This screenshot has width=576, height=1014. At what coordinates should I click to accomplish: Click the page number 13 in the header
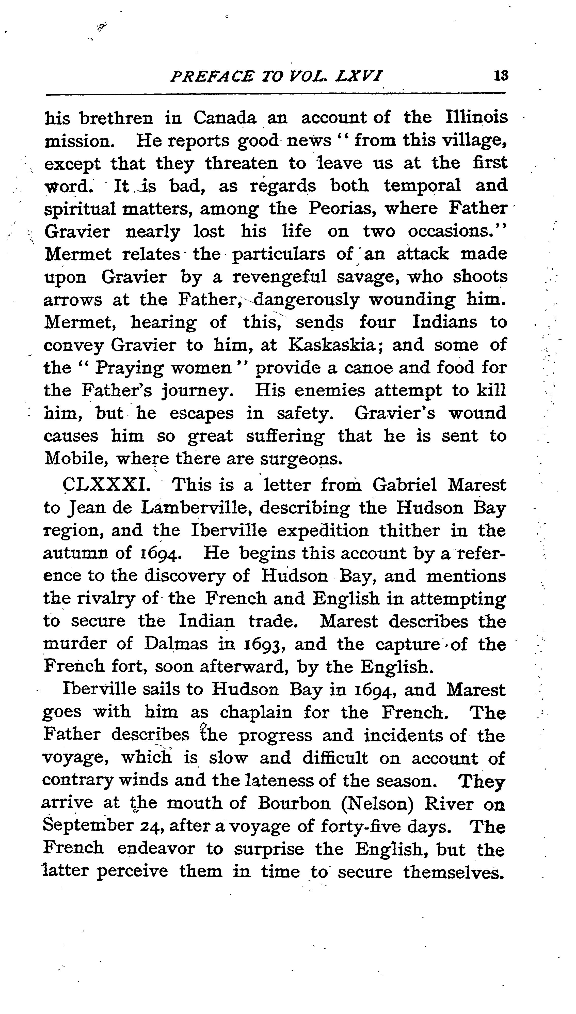(x=501, y=75)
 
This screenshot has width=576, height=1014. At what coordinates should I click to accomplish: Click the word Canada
(x=225, y=117)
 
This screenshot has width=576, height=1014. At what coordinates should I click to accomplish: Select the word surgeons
(x=301, y=459)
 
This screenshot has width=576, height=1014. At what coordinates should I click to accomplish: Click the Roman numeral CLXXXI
(x=106, y=485)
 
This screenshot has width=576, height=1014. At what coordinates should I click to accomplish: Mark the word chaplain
(x=256, y=712)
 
